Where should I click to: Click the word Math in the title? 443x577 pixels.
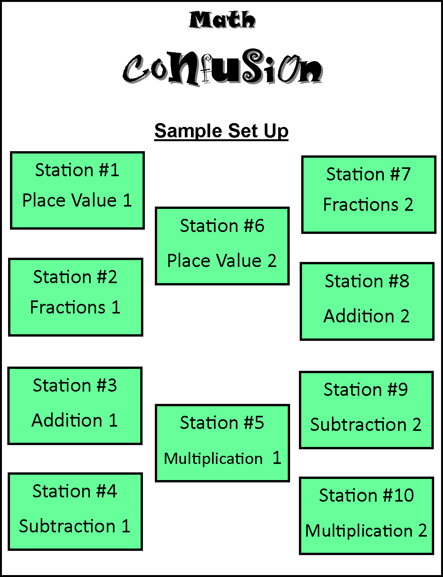point(222,20)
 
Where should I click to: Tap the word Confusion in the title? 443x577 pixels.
point(223,68)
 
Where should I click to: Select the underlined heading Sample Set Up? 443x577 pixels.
point(221,131)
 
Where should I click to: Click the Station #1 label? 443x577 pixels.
point(77,170)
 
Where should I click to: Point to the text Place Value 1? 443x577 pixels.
point(77,200)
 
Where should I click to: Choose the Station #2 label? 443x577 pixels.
point(75,277)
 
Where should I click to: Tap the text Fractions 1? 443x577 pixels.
point(75,307)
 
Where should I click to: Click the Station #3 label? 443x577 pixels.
point(75,385)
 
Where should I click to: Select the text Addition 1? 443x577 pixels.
point(75,420)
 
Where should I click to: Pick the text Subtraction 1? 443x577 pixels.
point(75,526)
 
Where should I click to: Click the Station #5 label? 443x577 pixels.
point(222,423)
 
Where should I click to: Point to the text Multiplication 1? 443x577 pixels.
point(222,458)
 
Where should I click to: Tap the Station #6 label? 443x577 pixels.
point(222,226)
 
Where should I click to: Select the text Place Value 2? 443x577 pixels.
point(222,261)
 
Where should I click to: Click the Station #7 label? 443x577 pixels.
point(368,174)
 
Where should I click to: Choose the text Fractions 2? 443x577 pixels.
point(368,205)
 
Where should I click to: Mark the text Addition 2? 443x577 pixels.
point(367,316)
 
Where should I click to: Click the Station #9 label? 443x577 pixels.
point(366,390)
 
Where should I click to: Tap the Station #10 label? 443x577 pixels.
point(367,495)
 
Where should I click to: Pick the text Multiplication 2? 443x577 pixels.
point(366,531)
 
